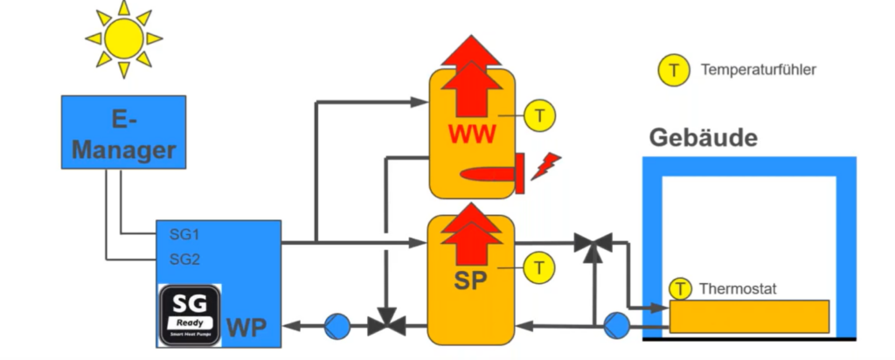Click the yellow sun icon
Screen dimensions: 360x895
pos(123,38)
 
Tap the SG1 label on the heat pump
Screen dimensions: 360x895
pos(184,234)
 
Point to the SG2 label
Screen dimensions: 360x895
pos(184,259)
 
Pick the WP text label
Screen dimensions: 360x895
pos(247,329)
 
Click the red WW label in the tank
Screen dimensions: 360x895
pos(472,135)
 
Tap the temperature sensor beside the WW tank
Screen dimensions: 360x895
pos(539,114)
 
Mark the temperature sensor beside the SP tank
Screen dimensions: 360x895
pos(539,267)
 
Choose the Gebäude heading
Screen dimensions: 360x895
pos(703,138)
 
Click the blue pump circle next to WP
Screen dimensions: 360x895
pos(336,327)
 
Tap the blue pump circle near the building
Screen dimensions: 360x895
pos(616,327)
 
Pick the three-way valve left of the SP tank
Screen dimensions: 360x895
pos(384,325)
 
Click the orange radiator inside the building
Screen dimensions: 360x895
pos(749,315)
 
